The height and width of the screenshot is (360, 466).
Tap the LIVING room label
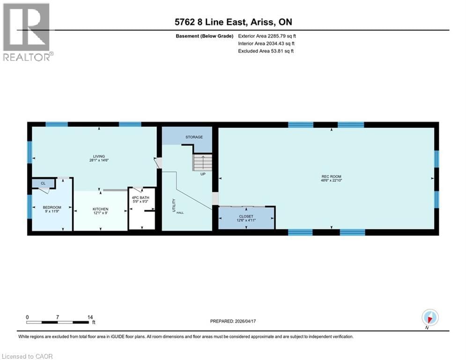click(x=98, y=156)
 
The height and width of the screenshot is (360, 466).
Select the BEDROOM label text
click(x=52, y=207)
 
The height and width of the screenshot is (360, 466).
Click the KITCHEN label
click(x=100, y=209)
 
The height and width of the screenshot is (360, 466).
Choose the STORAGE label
click(x=194, y=137)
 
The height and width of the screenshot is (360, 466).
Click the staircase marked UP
click(x=203, y=164)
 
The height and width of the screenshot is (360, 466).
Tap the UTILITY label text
click(x=173, y=206)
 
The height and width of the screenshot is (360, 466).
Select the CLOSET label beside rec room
click(x=246, y=217)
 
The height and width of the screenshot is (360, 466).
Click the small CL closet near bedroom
click(x=43, y=183)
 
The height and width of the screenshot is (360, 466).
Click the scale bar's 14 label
click(x=91, y=317)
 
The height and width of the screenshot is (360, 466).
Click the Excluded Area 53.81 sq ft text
click(x=266, y=51)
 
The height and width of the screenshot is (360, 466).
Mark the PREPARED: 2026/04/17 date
click(x=238, y=321)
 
